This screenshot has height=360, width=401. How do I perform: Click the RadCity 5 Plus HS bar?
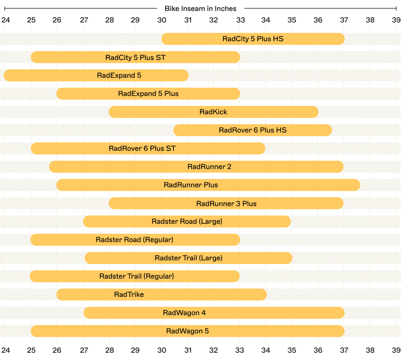[253, 39]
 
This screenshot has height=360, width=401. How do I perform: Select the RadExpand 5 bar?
[96, 75]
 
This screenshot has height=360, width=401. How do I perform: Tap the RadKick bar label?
[214, 112]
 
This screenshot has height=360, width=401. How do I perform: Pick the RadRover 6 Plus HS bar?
[253, 130]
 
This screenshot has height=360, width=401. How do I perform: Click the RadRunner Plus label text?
[191, 185]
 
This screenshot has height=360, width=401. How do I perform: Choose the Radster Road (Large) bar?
[187, 221]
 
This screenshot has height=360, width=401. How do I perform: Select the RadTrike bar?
[161, 294]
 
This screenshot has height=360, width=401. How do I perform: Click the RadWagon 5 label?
[187, 331]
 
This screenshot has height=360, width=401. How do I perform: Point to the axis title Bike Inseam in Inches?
[200, 8]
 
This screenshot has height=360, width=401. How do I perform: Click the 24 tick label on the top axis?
[5, 20]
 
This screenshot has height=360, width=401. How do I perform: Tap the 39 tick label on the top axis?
[396, 20]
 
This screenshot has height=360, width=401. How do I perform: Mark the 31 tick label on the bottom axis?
[187, 350]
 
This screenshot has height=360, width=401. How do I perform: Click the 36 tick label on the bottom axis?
[318, 350]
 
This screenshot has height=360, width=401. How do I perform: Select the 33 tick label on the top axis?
[240, 20]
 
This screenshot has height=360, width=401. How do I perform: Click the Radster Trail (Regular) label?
[136, 276]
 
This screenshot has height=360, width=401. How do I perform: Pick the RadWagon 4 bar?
[214, 313]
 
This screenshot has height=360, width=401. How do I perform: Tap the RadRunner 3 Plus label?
[226, 203]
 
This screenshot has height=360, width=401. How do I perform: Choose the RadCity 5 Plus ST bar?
[135, 57]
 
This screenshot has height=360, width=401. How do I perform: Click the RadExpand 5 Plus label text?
[148, 93]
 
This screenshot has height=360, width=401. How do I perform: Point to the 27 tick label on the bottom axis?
[84, 350]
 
